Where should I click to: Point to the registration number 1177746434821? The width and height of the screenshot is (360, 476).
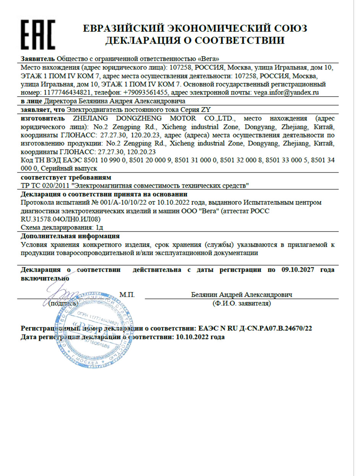pos(68,92)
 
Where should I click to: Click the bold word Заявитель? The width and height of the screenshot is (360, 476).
pos(38,59)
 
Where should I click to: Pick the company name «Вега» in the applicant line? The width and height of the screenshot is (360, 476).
pos(209,59)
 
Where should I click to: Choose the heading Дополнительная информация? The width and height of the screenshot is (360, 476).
pos(70,236)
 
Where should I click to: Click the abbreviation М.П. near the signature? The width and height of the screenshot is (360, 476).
pos(127,295)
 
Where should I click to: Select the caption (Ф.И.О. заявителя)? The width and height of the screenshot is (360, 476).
pos(242,304)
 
